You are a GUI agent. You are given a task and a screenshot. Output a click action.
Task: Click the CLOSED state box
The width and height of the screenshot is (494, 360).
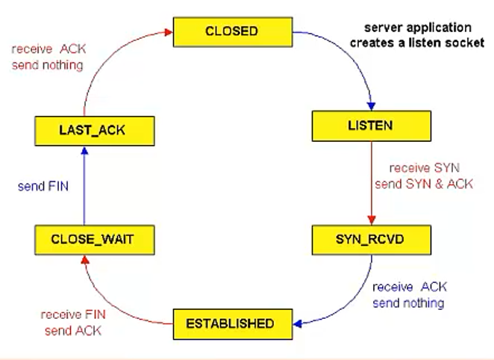click(x=233, y=32)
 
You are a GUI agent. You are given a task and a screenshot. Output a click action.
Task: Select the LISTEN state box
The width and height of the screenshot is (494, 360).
click(x=372, y=125)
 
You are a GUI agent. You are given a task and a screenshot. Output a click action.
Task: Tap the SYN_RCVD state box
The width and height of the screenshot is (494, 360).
click(x=372, y=240)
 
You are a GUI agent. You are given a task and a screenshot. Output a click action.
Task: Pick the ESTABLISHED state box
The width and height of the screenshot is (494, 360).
click(x=233, y=324)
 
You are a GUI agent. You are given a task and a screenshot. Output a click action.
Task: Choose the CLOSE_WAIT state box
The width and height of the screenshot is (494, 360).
click(x=95, y=240)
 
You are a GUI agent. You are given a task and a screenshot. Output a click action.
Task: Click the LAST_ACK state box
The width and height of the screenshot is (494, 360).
click(x=95, y=131)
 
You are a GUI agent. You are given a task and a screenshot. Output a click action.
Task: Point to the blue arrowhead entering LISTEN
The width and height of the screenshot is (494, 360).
click(x=372, y=106)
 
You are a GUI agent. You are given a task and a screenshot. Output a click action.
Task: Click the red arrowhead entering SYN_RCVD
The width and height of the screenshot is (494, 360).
click(x=372, y=220)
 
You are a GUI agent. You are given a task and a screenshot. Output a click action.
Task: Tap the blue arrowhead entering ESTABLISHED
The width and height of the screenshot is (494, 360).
click(x=298, y=323)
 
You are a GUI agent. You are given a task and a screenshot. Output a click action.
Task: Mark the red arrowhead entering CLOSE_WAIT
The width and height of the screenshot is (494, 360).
click(x=85, y=259)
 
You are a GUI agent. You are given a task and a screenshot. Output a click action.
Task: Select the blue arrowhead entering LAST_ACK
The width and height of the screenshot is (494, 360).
click(x=84, y=150)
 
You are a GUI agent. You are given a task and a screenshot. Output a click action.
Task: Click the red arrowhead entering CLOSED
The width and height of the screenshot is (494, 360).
click(x=169, y=32)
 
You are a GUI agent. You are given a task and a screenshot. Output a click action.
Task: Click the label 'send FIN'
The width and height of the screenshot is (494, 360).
click(x=43, y=186)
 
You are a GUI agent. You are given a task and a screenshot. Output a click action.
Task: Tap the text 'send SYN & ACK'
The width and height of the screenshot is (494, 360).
click(x=424, y=184)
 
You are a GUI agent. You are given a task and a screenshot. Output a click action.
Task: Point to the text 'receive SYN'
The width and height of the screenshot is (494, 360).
click(x=425, y=168)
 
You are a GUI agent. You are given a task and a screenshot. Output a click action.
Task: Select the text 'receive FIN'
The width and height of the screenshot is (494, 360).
click(x=73, y=314)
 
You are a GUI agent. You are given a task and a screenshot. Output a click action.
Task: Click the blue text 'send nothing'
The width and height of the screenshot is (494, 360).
click(x=408, y=303)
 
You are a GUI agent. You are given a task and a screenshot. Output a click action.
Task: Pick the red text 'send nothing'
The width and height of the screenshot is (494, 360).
click(x=48, y=65)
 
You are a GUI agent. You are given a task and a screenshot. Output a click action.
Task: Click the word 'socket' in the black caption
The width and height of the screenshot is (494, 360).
click(x=464, y=43)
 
